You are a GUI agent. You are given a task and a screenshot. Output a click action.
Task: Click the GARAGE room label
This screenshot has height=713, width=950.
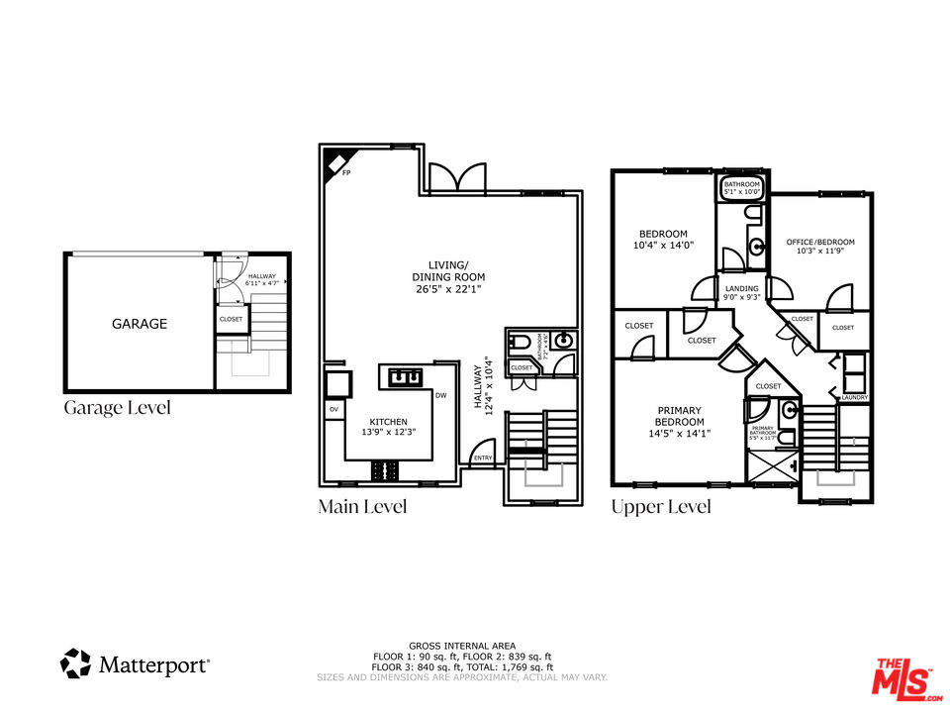tap(140, 324)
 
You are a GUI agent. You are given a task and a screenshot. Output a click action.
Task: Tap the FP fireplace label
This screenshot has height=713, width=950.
tap(346, 173)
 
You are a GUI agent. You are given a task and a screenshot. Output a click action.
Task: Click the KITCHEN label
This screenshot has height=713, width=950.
tap(388, 422)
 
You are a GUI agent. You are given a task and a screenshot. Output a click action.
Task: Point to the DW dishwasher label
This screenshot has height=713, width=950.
tap(440, 396)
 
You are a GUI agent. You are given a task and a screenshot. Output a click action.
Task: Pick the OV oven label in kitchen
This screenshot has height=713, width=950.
tap(332, 409)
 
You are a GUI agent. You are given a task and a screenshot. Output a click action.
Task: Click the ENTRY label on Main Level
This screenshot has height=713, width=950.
tap(483, 458)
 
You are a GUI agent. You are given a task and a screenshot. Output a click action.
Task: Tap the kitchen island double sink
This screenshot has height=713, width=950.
tap(406, 376)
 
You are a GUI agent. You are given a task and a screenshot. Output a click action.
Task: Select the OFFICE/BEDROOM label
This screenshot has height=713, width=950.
tap(820, 242)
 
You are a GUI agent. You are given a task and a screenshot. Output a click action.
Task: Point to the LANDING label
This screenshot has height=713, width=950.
tap(741, 289)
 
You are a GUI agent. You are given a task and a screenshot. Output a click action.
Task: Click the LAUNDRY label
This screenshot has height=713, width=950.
tap(854, 398)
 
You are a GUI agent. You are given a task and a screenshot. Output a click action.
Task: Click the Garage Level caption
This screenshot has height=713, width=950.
tap(117, 407)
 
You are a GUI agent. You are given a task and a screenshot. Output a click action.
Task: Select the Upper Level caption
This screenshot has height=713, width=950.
tap(660, 507)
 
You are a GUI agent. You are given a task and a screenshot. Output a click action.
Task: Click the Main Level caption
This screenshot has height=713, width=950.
tap(362, 507)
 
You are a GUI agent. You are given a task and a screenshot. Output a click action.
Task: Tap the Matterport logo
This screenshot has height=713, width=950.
tap(136, 663)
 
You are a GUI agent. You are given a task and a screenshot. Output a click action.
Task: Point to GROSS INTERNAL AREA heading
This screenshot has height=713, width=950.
tap(462, 646)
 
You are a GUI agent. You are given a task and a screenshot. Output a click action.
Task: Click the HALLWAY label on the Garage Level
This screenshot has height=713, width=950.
tap(262, 277)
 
